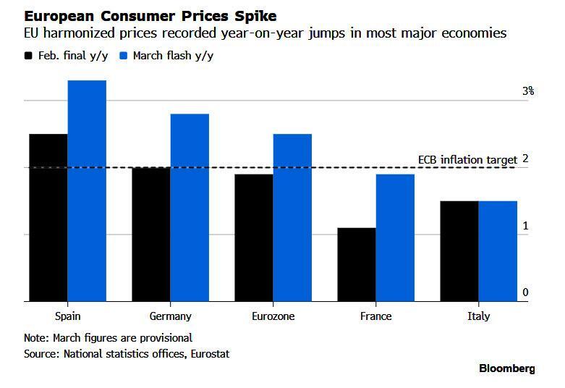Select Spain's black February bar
pos(48,217)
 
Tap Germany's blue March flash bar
pos(190,207)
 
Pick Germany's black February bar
pos(150,234)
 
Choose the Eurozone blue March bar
pos(292,217)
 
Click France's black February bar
pos(356,264)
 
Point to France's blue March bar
pos(395,237)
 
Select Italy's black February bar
pos(459,250)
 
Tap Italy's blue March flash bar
pos(498,250)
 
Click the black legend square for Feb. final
pos(28,56)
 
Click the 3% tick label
pos(527,91)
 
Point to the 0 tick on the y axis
pos(526,292)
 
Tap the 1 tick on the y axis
pos(526,226)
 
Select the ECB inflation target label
pos(467,159)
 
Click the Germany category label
pos(170,316)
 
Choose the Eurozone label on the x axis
pos(273,316)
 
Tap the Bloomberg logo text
pos(506,368)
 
